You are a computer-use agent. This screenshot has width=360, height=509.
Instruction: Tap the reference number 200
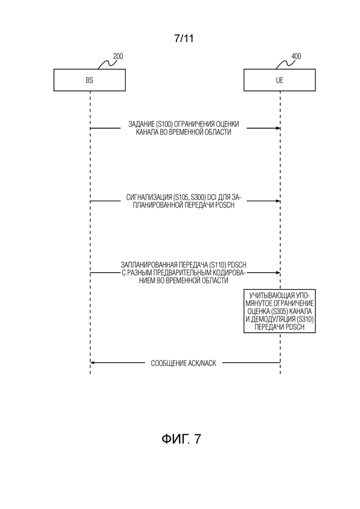coord(118,56)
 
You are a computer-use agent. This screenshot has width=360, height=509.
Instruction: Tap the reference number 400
coord(296,56)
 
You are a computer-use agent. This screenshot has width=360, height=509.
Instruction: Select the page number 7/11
coord(184,38)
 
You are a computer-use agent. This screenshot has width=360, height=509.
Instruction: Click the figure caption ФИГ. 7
coord(181,439)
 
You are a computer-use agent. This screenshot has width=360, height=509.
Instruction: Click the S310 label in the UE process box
coord(305,319)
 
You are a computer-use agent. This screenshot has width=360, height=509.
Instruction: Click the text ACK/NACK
coord(202,363)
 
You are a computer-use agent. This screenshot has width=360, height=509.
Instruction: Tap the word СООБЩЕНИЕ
coord(168,363)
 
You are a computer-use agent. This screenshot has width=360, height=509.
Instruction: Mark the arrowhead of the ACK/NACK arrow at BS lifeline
coord(92,363)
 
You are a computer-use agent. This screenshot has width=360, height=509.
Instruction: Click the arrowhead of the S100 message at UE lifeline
coord(278,128)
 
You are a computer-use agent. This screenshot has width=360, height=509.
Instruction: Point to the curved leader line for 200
coord(106,64)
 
